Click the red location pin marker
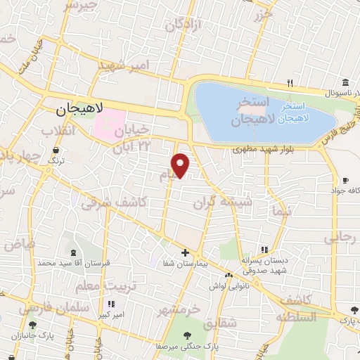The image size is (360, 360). click(x=181, y=165)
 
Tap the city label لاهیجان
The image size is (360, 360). click(x=79, y=110)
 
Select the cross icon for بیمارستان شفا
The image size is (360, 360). click(x=185, y=252)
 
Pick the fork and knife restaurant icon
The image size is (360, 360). click(x=290, y=83)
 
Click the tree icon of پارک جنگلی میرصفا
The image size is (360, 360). click(x=188, y=335)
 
